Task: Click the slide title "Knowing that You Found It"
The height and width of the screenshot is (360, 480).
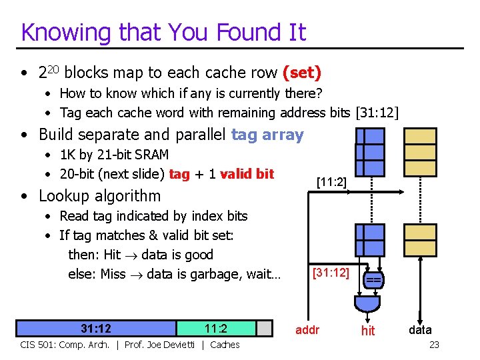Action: (x=163, y=32)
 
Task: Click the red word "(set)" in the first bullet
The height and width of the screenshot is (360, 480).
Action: (x=302, y=71)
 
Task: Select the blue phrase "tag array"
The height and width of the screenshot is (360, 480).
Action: (x=267, y=135)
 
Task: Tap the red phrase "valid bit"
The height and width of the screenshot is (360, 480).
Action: (x=247, y=174)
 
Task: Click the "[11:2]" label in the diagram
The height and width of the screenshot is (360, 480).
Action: (x=331, y=181)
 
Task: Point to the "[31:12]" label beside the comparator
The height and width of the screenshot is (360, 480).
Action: (x=330, y=273)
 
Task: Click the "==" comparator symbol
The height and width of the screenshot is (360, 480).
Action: (x=373, y=281)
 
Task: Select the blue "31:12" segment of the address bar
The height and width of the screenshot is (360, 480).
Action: (x=96, y=328)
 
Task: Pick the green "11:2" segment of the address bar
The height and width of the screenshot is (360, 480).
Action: (x=216, y=328)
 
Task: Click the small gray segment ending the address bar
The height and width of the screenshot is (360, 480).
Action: (x=265, y=328)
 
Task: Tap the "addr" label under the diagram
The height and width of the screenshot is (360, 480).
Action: (x=307, y=329)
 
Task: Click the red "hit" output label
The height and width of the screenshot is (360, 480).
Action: (x=368, y=330)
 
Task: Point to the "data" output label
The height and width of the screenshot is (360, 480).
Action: (x=420, y=329)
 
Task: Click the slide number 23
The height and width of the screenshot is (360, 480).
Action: (x=434, y=345)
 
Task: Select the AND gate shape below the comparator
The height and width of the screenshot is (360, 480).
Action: (x=367, y=303)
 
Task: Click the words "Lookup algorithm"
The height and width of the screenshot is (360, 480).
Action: (x=100, y=196)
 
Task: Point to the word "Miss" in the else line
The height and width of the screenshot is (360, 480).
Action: (x=113, y=274)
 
